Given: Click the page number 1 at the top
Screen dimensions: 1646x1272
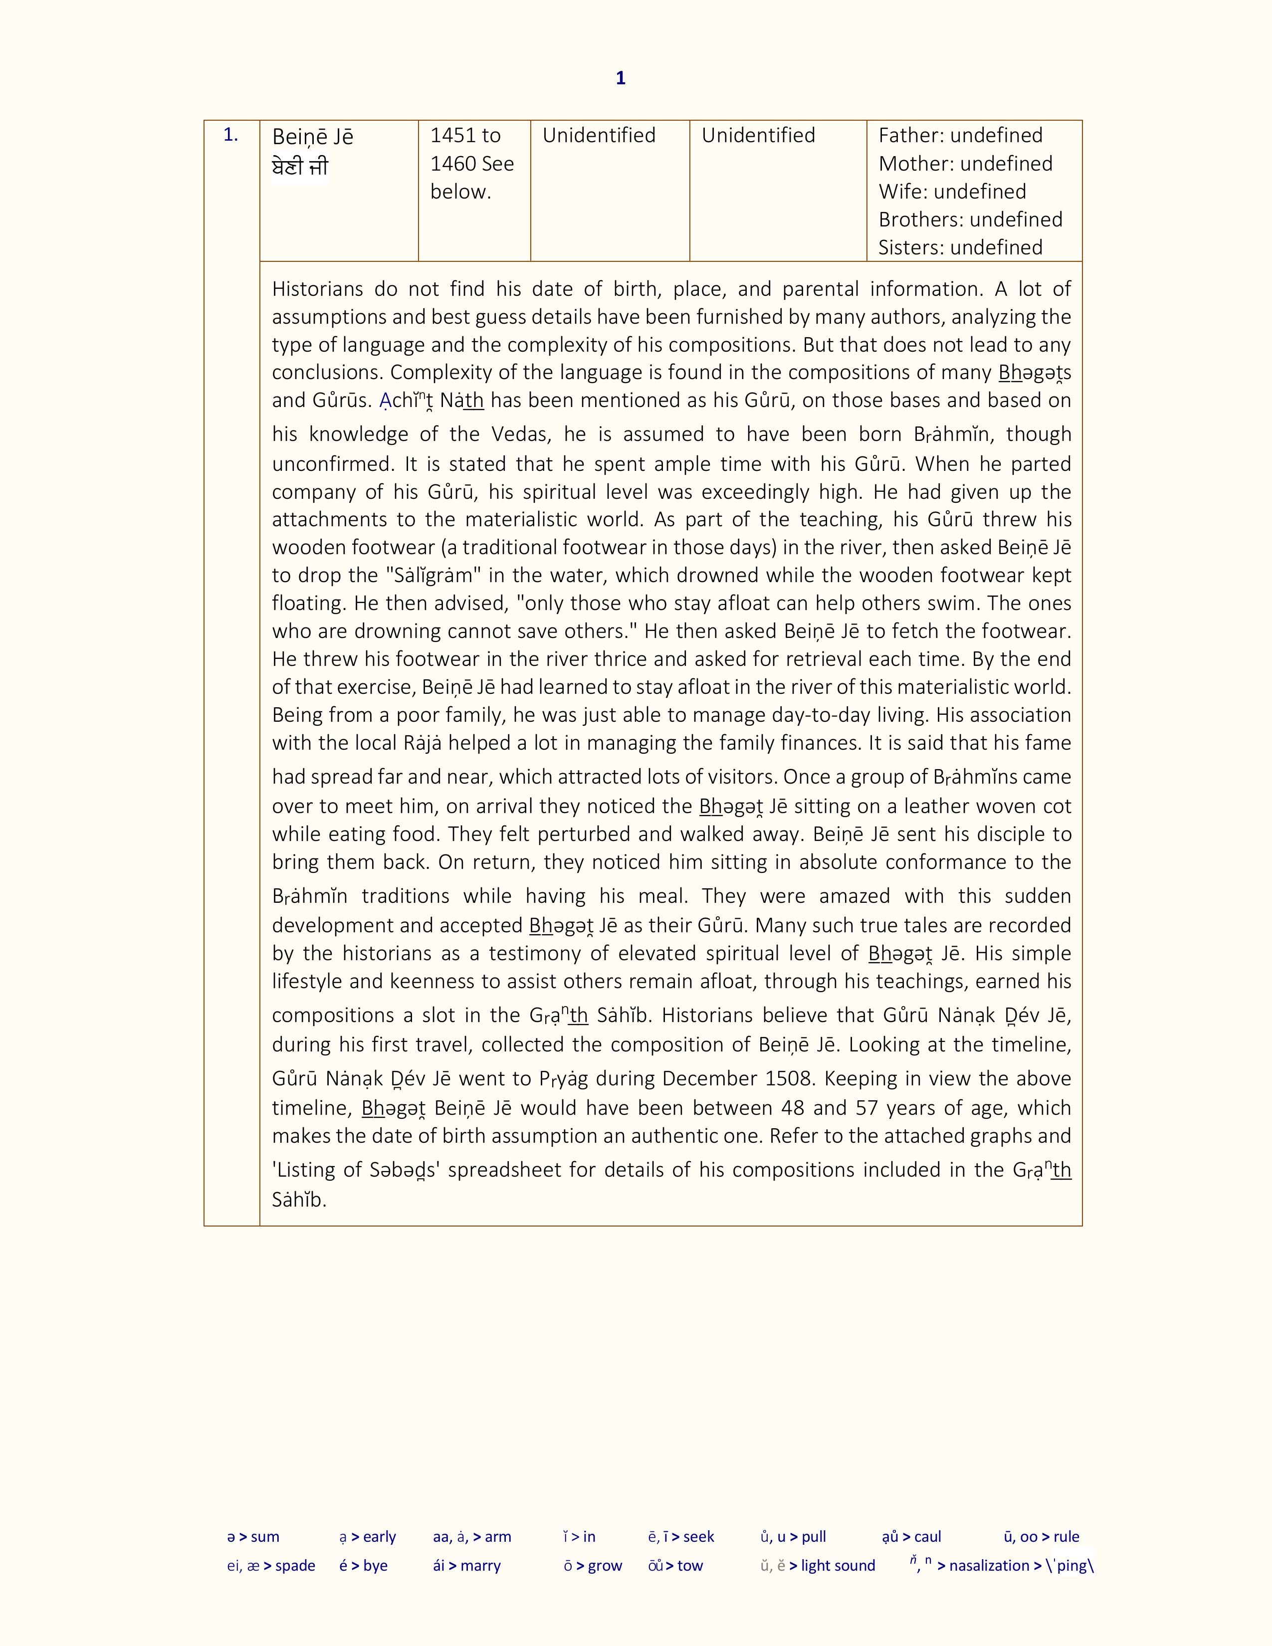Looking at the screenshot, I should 620,78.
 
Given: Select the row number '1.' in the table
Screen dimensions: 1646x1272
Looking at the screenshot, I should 230,136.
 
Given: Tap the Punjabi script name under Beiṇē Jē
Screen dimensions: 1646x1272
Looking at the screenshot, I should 300,167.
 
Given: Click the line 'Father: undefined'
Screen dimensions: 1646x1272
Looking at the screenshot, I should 960,136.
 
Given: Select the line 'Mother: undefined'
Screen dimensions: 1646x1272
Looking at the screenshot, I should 965,164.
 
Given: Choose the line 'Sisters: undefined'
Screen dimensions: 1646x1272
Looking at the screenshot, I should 960,247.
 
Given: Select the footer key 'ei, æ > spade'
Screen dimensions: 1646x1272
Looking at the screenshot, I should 270,1565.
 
